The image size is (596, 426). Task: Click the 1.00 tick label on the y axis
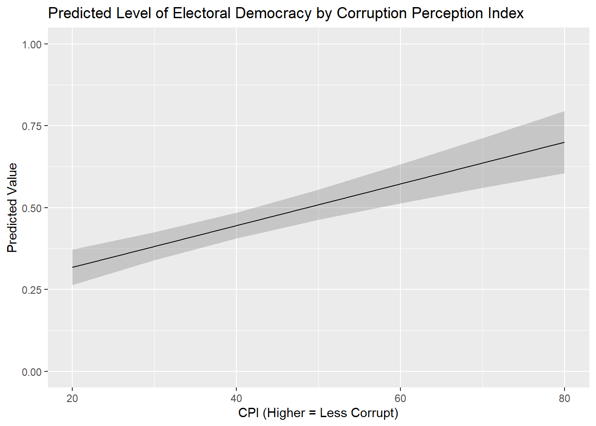[x=31, y=44]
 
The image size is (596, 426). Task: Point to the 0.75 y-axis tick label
[x=31, y=126]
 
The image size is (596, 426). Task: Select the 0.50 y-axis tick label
[x=31, y=208]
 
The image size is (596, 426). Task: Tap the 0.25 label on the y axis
[x=31, y=290]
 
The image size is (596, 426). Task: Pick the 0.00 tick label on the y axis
[x=31, y=372]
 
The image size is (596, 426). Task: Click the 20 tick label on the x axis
[x=72, y=398]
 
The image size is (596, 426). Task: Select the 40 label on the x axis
[x=236, y=398]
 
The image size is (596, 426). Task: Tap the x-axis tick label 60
[x=400, y=398]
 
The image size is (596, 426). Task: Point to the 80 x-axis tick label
[x=565, y=398]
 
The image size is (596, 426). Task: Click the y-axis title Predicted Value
[x=12, y=208]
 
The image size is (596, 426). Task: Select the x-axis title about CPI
[x=318, y=413]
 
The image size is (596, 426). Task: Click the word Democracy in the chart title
[x=273, y=13]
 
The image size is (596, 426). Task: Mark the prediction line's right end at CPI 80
[x=564, y=142]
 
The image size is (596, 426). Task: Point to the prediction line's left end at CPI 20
[x=73, y=267]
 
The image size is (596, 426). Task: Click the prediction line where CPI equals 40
[x=236, y=225]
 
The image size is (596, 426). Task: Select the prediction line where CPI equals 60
[x=400, y=184]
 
